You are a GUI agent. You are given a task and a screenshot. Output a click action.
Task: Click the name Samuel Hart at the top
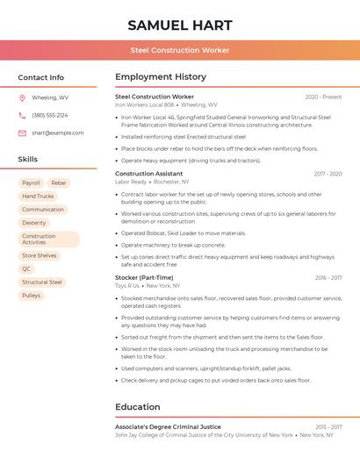tap(180, 25)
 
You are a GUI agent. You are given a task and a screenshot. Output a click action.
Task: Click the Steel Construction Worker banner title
tap(180, 50)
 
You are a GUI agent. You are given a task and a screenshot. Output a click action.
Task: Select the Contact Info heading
tap(41, 77)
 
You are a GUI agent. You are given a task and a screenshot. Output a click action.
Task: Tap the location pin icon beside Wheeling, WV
tap(22, 97)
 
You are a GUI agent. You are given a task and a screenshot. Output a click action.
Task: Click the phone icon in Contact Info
tap(22, 115)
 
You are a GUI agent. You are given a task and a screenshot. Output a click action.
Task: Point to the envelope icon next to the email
tap(22, 132)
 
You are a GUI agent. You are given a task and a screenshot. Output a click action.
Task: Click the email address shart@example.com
tap(58, 132)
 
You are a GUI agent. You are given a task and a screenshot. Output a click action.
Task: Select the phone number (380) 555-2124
tap(50, 115)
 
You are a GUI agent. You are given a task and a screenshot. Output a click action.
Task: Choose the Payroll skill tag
tap(31, 183)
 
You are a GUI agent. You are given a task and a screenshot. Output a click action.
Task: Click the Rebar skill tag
tap(59, 183)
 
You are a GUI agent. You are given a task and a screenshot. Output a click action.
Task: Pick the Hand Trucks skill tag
tap(38, 197)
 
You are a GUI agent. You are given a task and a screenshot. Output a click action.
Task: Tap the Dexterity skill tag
tap(34, 223)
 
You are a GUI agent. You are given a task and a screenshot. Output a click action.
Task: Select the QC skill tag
tap(26, 269)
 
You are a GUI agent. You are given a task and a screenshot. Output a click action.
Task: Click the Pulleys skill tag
tap(32, 296)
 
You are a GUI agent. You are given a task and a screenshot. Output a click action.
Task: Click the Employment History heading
tap(161, 77)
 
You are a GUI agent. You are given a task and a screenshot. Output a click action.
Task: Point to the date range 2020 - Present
tap(323, 97)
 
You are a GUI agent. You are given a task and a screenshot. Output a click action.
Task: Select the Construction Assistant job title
tap(149, 174)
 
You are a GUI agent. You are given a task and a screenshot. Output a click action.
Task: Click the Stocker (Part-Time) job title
tap(144, 277)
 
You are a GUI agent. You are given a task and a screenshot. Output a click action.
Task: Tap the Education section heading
tap(137, 407)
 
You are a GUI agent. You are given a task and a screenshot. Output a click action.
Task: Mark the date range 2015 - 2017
tap(328, 426)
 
